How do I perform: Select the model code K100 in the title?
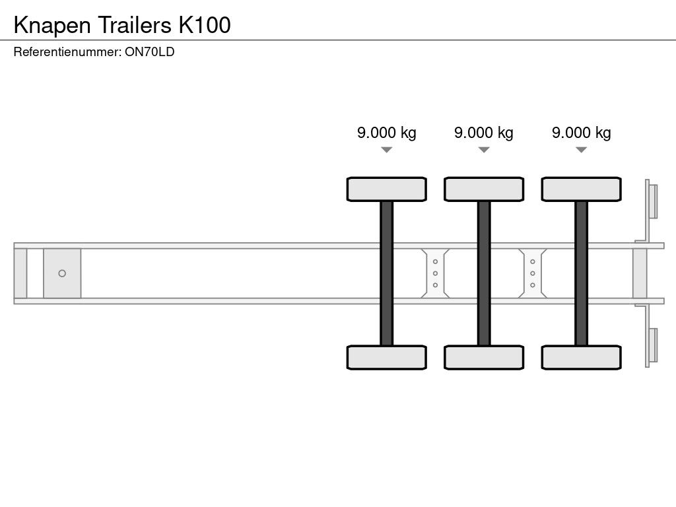[204, 25]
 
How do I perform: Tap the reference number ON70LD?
[149, 52]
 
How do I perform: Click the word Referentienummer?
[67, 52]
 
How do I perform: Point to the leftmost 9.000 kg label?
[386, 133]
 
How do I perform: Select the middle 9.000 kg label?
[483, 133]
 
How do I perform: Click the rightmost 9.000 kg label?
[581, 133]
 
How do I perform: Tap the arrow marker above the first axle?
[386, 150]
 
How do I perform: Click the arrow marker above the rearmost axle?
[581, 150]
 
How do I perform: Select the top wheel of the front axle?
[386, 189]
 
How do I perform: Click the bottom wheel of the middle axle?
[483, 357]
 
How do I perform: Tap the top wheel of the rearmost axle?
[581, 189]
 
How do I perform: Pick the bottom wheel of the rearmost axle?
[581, 357]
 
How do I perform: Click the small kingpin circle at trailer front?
[62, 273]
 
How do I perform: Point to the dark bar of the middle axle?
[483, 273]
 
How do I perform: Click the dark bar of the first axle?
[386, 273]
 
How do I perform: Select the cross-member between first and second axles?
[435, 273]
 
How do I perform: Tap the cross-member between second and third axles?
[532, 273]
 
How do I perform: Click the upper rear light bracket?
[652, 201]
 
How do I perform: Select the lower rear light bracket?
[652, 345]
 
